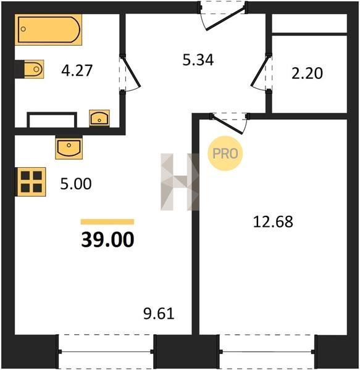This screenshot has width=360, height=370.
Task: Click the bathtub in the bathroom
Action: pos(48,30)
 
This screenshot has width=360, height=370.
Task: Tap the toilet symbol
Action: pos(34,69)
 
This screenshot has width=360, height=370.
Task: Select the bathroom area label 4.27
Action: pos(77,70)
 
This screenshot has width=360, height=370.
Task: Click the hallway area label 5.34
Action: pos(198,60)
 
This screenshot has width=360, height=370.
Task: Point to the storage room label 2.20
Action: pos(307,73)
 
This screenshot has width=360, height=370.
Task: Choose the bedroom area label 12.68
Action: pos(273,222)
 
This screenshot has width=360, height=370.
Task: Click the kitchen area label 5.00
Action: pos(76,184)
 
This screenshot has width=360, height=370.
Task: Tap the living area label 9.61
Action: pos(159,314)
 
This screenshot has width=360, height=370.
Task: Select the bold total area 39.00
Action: pos(107,239)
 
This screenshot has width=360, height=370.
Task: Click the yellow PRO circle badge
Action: pos(225,154)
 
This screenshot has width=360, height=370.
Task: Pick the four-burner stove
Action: pos(31,182)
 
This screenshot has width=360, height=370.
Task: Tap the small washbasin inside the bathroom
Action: pos(99,118)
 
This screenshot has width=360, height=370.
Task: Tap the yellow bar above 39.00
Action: pos(107,222)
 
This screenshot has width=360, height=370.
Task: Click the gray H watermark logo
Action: pos(180,182)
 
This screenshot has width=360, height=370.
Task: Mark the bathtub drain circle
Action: pos(23,29)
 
